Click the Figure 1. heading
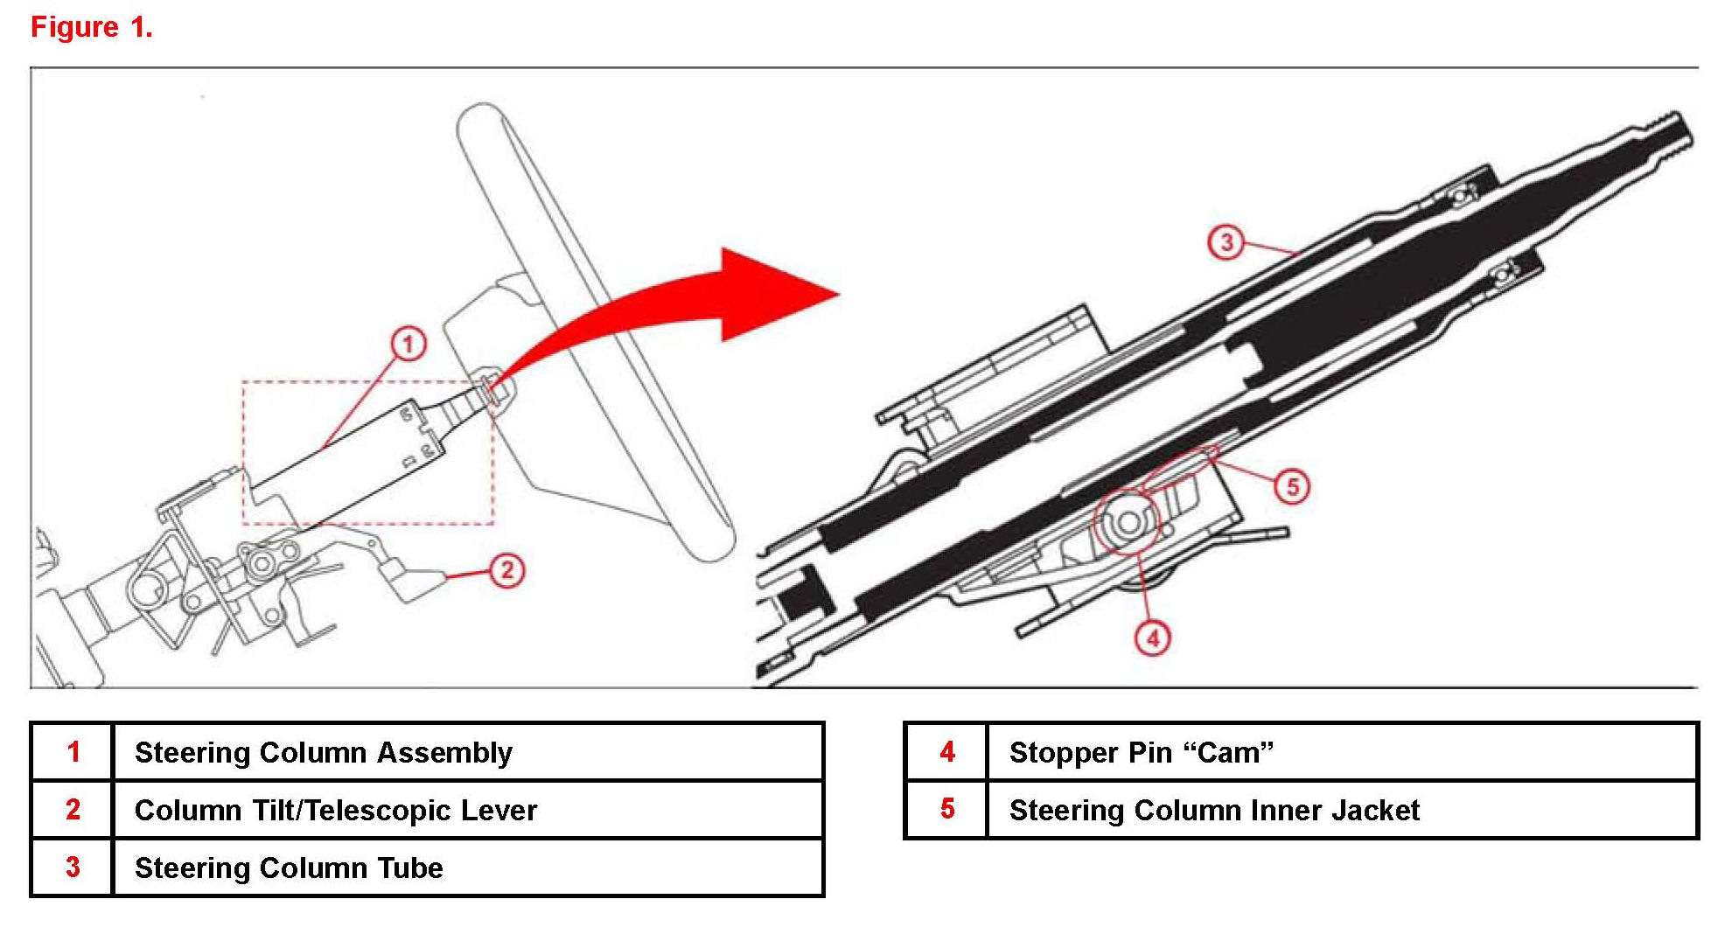click(92, 27)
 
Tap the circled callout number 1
click(408, 344)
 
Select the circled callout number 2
click(507, 571)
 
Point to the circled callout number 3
click(1226, 241)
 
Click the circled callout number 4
click(1153, 638)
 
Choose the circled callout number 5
click(1292, 486)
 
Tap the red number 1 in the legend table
click(73, 752)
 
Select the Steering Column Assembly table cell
click(324, 752)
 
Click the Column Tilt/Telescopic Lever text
click(336, 810)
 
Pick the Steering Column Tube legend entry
click(289, 868)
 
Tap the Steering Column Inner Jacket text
click(1214, 810)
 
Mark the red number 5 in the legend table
click(947, 809)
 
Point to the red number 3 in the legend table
click(73, 868)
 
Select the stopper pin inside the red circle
click(1128, 523)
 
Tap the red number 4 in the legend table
click(947, 752)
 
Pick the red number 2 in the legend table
click(73, 810)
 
